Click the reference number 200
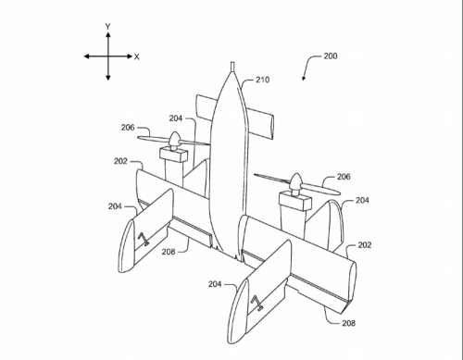click(x=331, y=56)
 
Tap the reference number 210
click(x=262, y=80)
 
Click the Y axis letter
click(x=107, y=27)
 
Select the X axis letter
click(x=137, y=56)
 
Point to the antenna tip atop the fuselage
click(x=233, y=63)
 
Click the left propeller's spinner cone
click(x=175, y=139)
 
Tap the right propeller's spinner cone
click(x=295, y=181)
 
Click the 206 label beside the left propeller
click(x=128, y=128)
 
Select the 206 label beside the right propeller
click(x=344, y=177)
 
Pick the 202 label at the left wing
click(x=120, y=161)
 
